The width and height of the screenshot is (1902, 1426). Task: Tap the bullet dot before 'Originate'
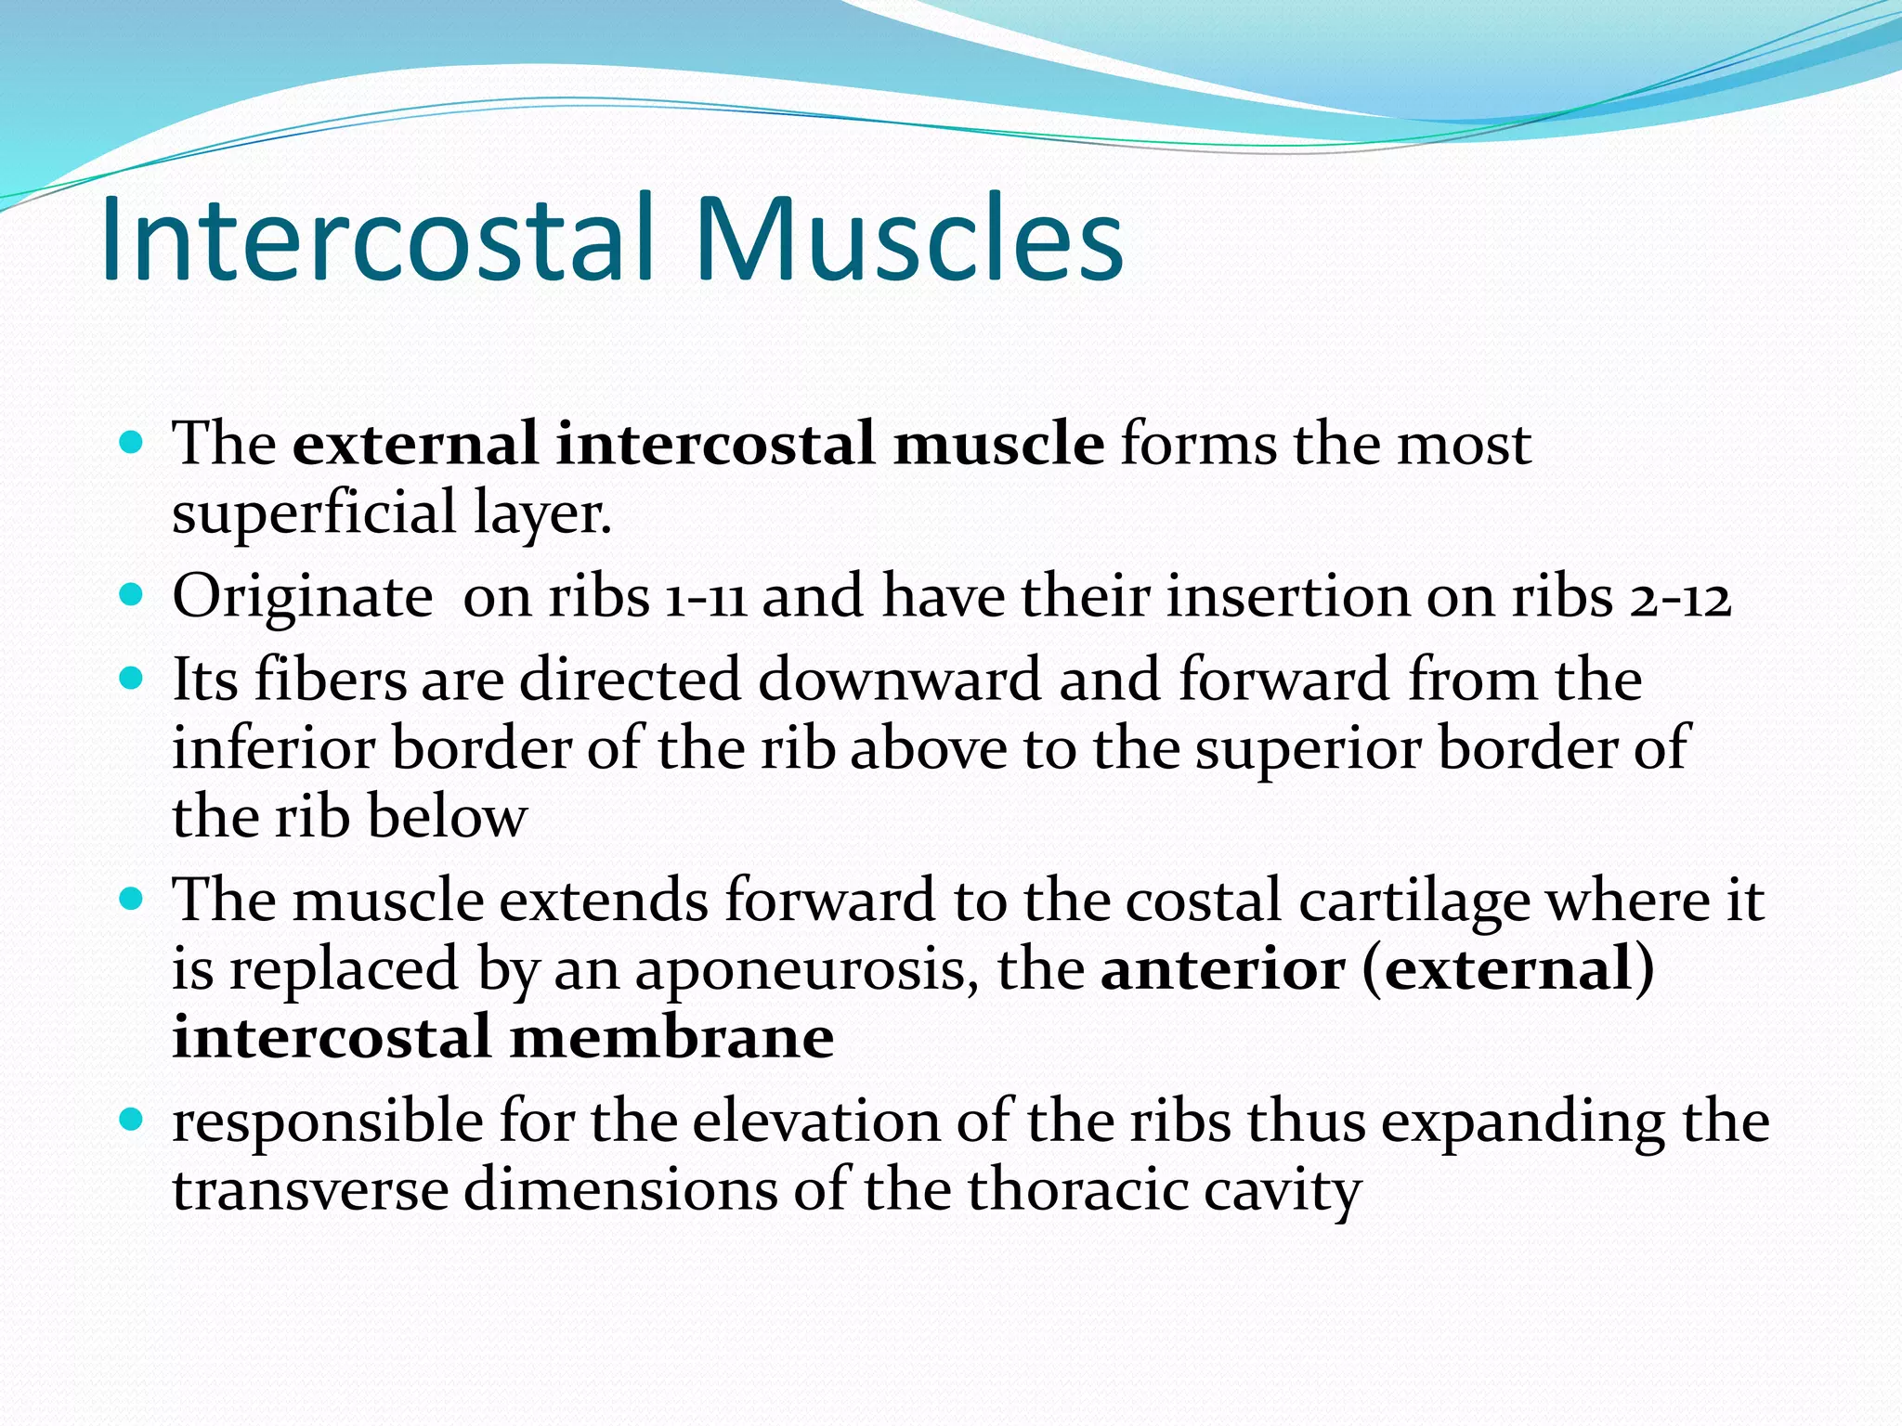click(132, 593)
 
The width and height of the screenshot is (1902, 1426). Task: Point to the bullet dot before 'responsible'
click(132, 1120)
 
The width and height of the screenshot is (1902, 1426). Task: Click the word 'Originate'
click(303, 597)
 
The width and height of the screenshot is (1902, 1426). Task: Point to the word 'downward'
click(899, 680)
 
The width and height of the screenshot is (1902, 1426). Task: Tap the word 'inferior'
click(273, 748)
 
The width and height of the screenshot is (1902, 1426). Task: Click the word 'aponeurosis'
click(806, 971)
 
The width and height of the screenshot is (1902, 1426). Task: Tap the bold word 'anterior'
click(1222, 969)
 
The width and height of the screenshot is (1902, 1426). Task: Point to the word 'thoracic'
click(1077, 1190)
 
